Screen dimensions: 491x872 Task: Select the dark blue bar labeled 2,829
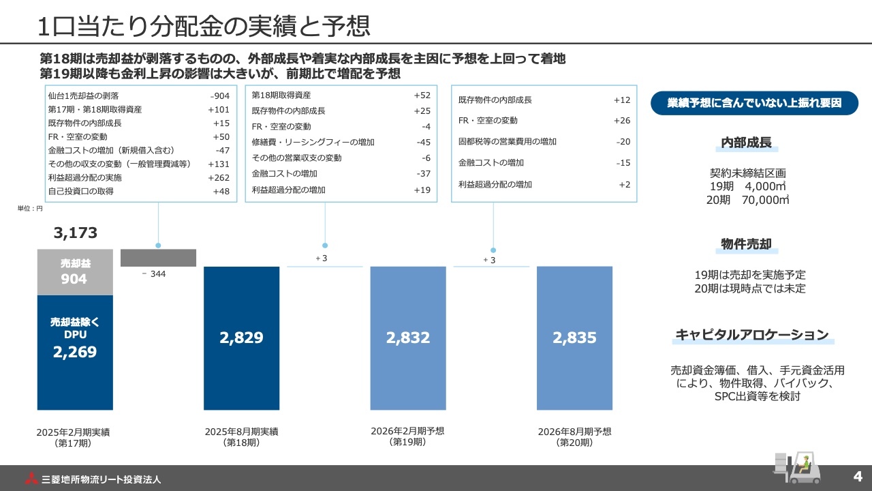(241, 338)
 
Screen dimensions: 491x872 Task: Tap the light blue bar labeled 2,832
(407, 338)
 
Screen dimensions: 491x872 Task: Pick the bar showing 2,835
(574, 338)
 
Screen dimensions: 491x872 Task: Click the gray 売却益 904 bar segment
(75, 271)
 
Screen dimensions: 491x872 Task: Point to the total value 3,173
(76, 233)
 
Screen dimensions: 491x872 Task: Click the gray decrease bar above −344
(158, 258)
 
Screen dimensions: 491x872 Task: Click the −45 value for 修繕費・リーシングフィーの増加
(423, 143)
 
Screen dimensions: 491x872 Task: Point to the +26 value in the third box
(621, 121)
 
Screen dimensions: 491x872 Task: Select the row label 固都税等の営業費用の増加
(508, 142)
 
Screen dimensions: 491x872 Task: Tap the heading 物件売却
(746, 245)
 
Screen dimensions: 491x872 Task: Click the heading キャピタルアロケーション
(752, 335)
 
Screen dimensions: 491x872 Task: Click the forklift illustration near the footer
(797, 467)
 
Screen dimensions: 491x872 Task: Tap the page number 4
(857, 475)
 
